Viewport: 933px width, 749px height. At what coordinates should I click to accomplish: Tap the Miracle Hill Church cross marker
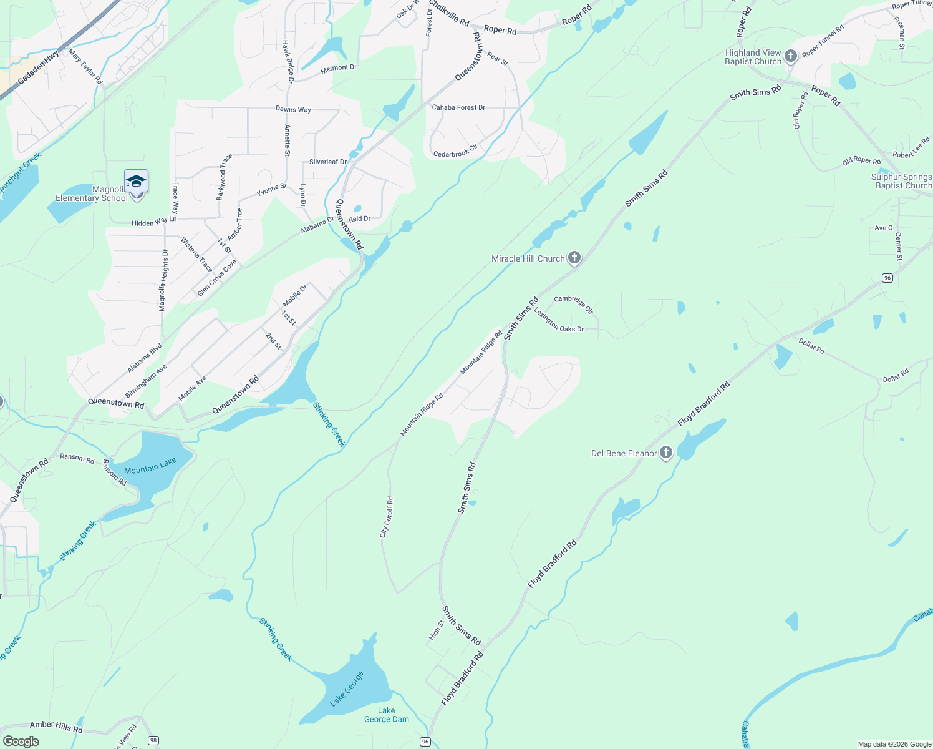coord(574,258)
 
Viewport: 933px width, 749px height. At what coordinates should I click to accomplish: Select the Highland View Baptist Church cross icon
coord(791,57)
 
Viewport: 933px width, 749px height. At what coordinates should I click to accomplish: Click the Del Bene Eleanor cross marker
coord(666,453)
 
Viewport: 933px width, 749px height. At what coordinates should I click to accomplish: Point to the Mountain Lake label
coord(150,466)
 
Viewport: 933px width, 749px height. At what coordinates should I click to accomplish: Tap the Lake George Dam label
coord(387,715)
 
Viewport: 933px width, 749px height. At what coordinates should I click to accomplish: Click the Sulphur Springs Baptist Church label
coord(902,181)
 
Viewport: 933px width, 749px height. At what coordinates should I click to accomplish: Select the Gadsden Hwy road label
coord(39,67)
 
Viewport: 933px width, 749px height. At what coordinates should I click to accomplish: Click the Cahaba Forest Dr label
coord(458,107)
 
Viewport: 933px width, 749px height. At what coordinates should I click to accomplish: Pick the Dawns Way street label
coord(293,109)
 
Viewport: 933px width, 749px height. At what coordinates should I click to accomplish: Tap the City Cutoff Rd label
coord(387,517)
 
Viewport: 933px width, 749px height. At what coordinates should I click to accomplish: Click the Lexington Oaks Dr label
coord(559,321)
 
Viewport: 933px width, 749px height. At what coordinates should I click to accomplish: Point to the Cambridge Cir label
coord(574,303)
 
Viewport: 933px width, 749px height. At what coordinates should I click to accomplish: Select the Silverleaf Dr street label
coord(328,162)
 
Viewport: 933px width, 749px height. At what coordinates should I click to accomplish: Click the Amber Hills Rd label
coord(56,727)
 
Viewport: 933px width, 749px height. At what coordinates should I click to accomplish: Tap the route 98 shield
coord(153,741)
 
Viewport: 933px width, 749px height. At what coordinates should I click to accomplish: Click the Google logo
coord(21,742)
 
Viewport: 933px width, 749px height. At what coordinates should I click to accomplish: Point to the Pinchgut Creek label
coord(21,172)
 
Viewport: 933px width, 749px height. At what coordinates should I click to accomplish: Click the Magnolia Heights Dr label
coord(163,280)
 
